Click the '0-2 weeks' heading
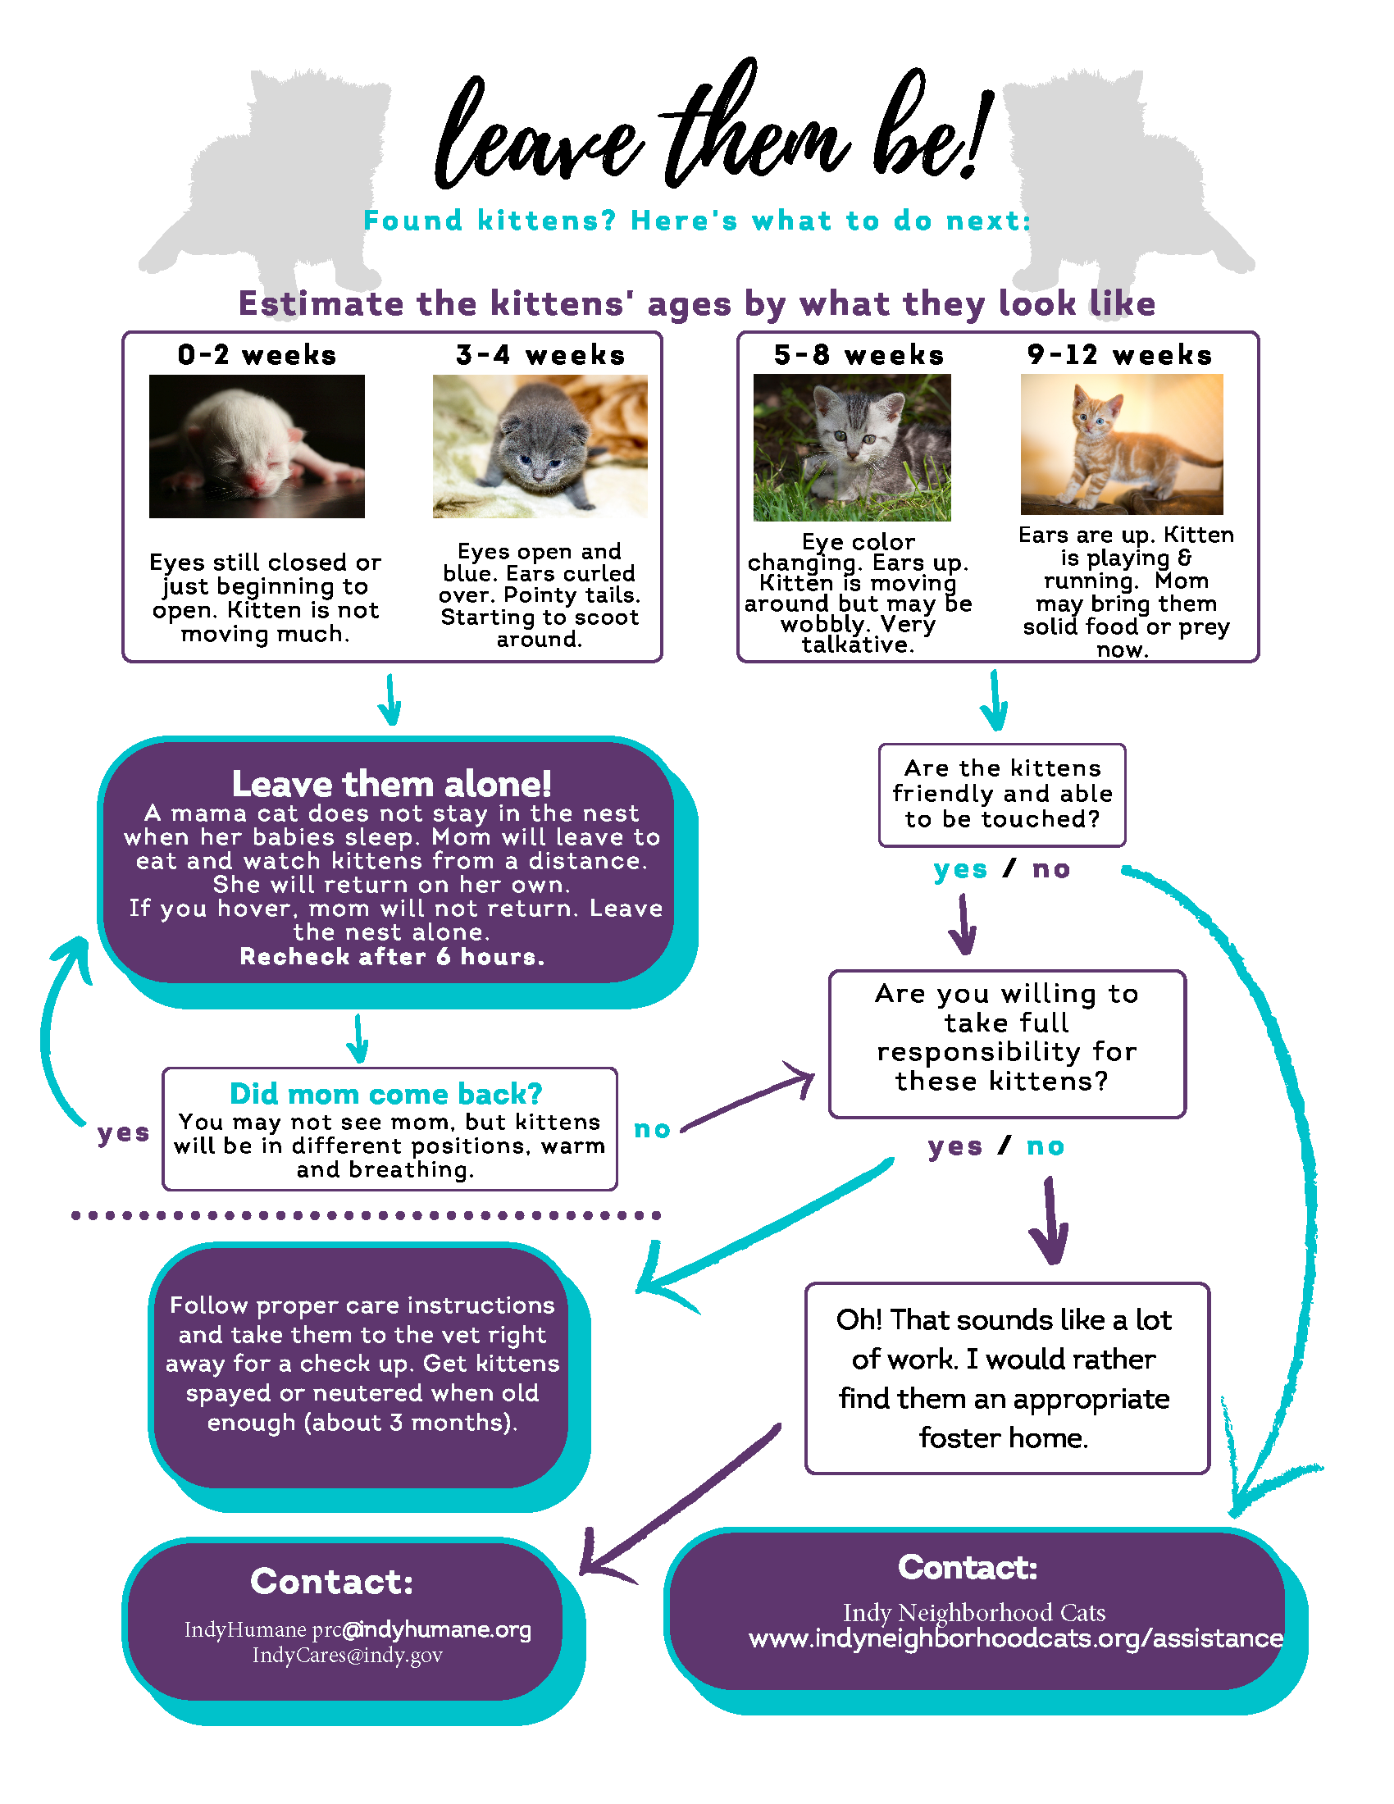257,355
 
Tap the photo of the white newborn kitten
257,446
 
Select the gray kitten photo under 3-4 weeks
540,446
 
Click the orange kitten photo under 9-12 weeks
1122,444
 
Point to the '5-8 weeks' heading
859,355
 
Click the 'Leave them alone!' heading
391,783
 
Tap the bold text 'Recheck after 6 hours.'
392,956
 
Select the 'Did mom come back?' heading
385,1094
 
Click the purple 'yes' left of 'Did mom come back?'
123,1132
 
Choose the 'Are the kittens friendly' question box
1002,795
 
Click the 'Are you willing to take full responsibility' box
1007,1044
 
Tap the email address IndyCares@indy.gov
348,1656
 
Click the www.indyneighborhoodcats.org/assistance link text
1016,1639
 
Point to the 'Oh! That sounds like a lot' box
1007,1378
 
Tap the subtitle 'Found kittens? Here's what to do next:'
697,221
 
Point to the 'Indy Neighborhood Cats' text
973,1612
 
